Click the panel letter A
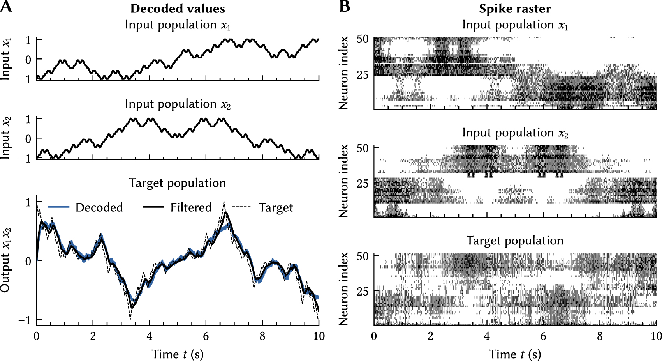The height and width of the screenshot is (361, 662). click(6, 7)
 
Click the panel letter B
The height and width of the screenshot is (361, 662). click(345, 7)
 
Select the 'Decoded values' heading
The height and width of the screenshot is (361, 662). click(178, 9)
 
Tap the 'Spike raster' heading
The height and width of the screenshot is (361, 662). click(515, 9)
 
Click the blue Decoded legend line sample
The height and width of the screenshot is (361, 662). click(58, 207)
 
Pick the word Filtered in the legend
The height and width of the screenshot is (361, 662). click(191, 207)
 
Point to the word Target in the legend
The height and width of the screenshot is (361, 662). click(276, 207)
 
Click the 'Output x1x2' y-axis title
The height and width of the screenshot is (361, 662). click(5, 260)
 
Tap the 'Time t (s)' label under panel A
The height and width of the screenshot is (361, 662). click(178, 354)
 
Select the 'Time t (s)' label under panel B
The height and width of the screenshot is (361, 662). click(515, 354)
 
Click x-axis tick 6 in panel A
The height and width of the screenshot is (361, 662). click(206, 336)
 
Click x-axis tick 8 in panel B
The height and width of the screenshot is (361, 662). click(600, 336)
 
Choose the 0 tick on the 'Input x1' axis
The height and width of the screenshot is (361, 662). click(28, 60)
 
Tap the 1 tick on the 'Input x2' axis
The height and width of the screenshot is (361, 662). click(28, 119)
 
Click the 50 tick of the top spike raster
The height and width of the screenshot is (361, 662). click(362, 39)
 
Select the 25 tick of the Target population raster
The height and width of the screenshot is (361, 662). click(362, 291)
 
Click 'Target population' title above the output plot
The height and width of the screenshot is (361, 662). click(178, 183)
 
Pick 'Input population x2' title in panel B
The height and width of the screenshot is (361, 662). click(515, 133)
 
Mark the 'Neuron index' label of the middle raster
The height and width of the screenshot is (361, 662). click(343, 181)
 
